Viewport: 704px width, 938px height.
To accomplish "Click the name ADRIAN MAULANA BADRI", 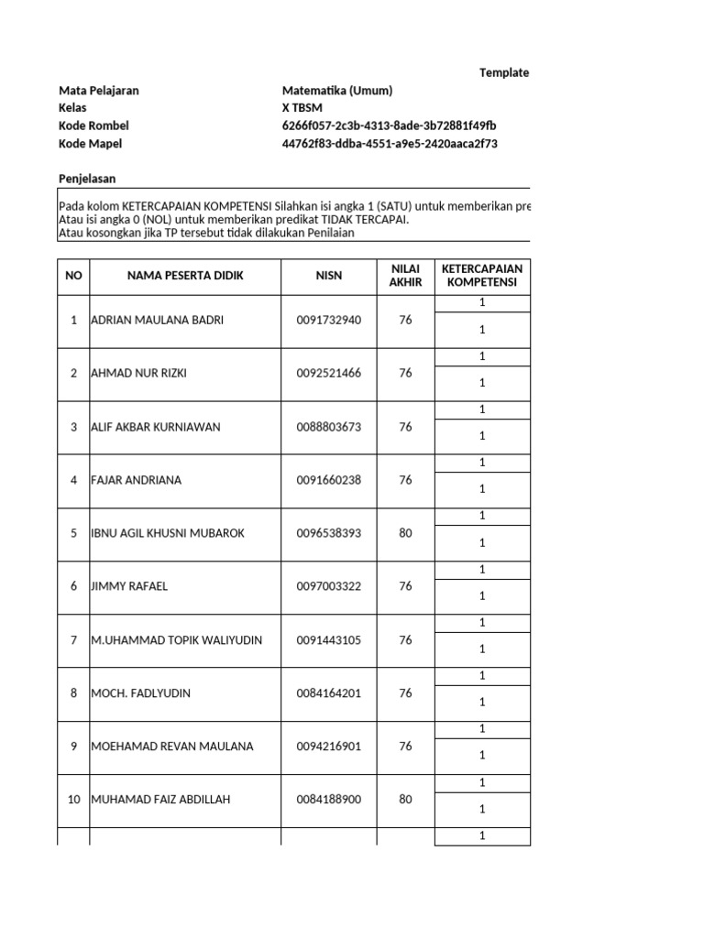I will pos(158,321).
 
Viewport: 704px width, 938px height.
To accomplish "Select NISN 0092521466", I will pos(329,374).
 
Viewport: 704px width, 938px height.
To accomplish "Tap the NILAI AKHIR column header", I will pos(405,276).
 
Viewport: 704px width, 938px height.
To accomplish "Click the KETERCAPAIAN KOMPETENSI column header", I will pos(481,276).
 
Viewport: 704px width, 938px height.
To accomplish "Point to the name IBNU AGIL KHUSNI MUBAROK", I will pos(168,533).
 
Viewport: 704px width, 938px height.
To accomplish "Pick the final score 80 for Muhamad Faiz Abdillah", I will pos(405,800).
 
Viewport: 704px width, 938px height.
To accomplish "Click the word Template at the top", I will pos(504,73).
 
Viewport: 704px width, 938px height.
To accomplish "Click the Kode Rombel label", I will pos(93,125).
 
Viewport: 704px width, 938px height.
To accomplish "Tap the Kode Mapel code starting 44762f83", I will pos(390,144).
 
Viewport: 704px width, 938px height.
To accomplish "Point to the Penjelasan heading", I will pos(87,179).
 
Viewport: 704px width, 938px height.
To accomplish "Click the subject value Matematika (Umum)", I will pos(337,91).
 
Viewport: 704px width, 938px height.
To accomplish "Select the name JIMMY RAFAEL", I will pos(129,586).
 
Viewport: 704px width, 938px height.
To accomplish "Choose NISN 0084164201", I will pos(329,693).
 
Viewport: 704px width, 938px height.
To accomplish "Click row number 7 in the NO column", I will pos(73,640).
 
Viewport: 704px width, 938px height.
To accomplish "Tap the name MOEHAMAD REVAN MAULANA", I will pos(172,747).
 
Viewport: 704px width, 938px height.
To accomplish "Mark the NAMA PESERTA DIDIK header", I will pos(185,276).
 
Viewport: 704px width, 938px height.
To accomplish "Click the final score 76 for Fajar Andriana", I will pos(405,480).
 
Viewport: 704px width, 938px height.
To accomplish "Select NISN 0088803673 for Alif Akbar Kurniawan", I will pos(329,427).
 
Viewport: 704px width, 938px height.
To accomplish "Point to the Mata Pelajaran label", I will pos(99,91).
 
